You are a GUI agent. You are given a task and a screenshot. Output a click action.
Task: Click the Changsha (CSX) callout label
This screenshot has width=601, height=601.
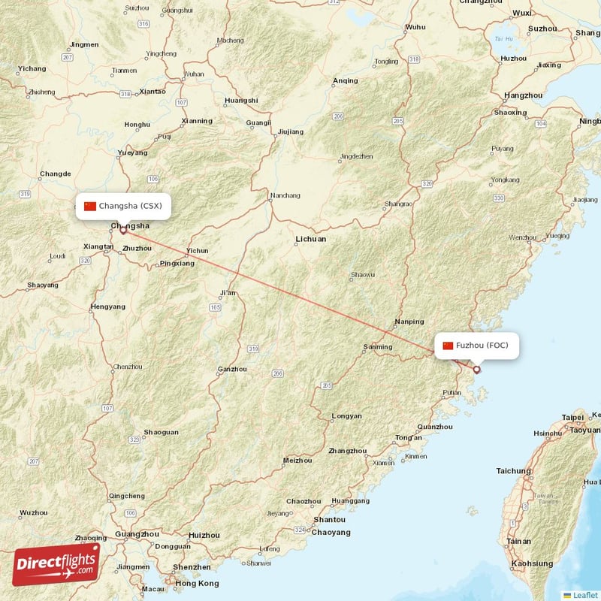pyautogui.click(x=123, y=206)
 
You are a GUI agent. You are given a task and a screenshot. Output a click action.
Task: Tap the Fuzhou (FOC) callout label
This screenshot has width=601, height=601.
pyautogui.click(x=476, y=346)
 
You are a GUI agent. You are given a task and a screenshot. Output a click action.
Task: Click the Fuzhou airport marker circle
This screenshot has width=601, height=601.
pyautogui.click(x=476, y=370)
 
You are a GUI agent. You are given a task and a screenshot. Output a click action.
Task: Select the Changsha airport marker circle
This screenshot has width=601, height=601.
pyautogui.click(x=123, y=231)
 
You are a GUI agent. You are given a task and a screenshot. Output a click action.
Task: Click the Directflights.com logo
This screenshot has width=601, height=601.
pyautogui.click(x=56, y=564)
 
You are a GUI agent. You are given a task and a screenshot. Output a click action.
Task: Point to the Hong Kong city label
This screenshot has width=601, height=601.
pyautogui.click(x=197, y=584)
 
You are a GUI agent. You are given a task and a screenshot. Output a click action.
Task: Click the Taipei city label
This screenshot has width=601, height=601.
pyautogui.click(x=572, y=417)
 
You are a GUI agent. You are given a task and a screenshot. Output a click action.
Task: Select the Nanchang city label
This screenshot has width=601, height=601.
pyautogui.click(x=285, y=195)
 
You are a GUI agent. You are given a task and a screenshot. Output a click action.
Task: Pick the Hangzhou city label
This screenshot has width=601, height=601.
pyautogui.click(x=524, y=95)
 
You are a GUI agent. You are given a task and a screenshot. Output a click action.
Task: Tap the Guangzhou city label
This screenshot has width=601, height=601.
pyautogui.click(x=137, y=534)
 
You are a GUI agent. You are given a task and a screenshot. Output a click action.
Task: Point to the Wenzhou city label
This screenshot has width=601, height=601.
pyautogui.click(x=523, y=237)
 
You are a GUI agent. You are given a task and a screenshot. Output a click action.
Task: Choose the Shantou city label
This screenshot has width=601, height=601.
pyautogui.click(x=329, y=519)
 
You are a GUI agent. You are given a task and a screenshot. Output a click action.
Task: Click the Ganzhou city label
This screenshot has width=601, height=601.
pyautogui.click(x=231, y=369)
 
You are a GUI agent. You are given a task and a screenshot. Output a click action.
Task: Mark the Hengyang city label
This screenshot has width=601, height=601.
pyautogui.click(x=108, y=307)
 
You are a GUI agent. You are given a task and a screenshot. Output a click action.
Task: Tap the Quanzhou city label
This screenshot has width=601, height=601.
pyautogui.click(x=435, y=427)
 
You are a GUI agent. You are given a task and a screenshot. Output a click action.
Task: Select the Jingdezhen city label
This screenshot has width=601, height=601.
pyautogui.click(x=356, y=156)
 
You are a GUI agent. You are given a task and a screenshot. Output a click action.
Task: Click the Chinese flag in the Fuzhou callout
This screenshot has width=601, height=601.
pyautogui.click(x=448, y=346)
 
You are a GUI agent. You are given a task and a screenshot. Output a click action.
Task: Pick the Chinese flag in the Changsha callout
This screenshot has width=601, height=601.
pyautogui.click(x=90, y=206)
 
